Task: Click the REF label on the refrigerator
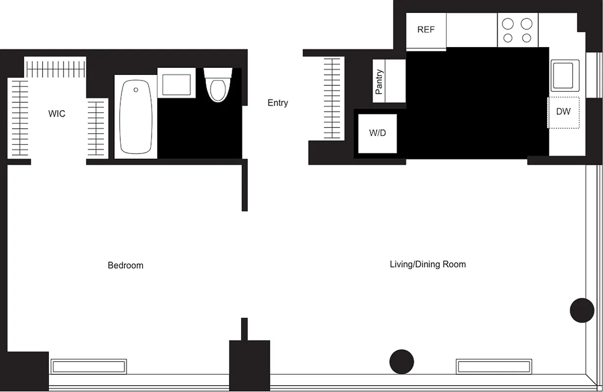pyautogui.click(x=426, y=30)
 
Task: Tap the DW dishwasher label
pyautogui.click(x=563, y=112)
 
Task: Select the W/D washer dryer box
pyautogui.click(x=377, y=133)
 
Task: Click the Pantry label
pyautogui.click(x=379, y=81)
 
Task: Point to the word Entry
pyautogui.click(x=278, y=103)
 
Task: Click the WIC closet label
pyautogui.click(x=56, y=114)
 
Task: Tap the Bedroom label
pyautogui.click(x=125, y=266)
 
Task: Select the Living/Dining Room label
pyautogui.click(x=428, y=265)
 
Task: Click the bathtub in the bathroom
pyautogui.click(x=136, y=118)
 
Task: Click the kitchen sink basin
pyautogui.click(x=565, y=75)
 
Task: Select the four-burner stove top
pyautogui.click(x=518, y=30)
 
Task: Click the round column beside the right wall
pyautogui.click(x=582, y=310)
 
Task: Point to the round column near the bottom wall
pyautogui.click(x=402, y=362)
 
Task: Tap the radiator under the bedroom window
pyautogui.click(x=89, y=367)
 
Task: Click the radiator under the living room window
pyautogui.click(x=493, y=366)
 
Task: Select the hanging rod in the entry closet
pyautogui.click(x=332, y=98)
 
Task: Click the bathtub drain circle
pyautogui.click(x=136, y=90)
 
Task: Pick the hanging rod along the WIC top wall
pyautogui.click(x=55, y=69)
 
